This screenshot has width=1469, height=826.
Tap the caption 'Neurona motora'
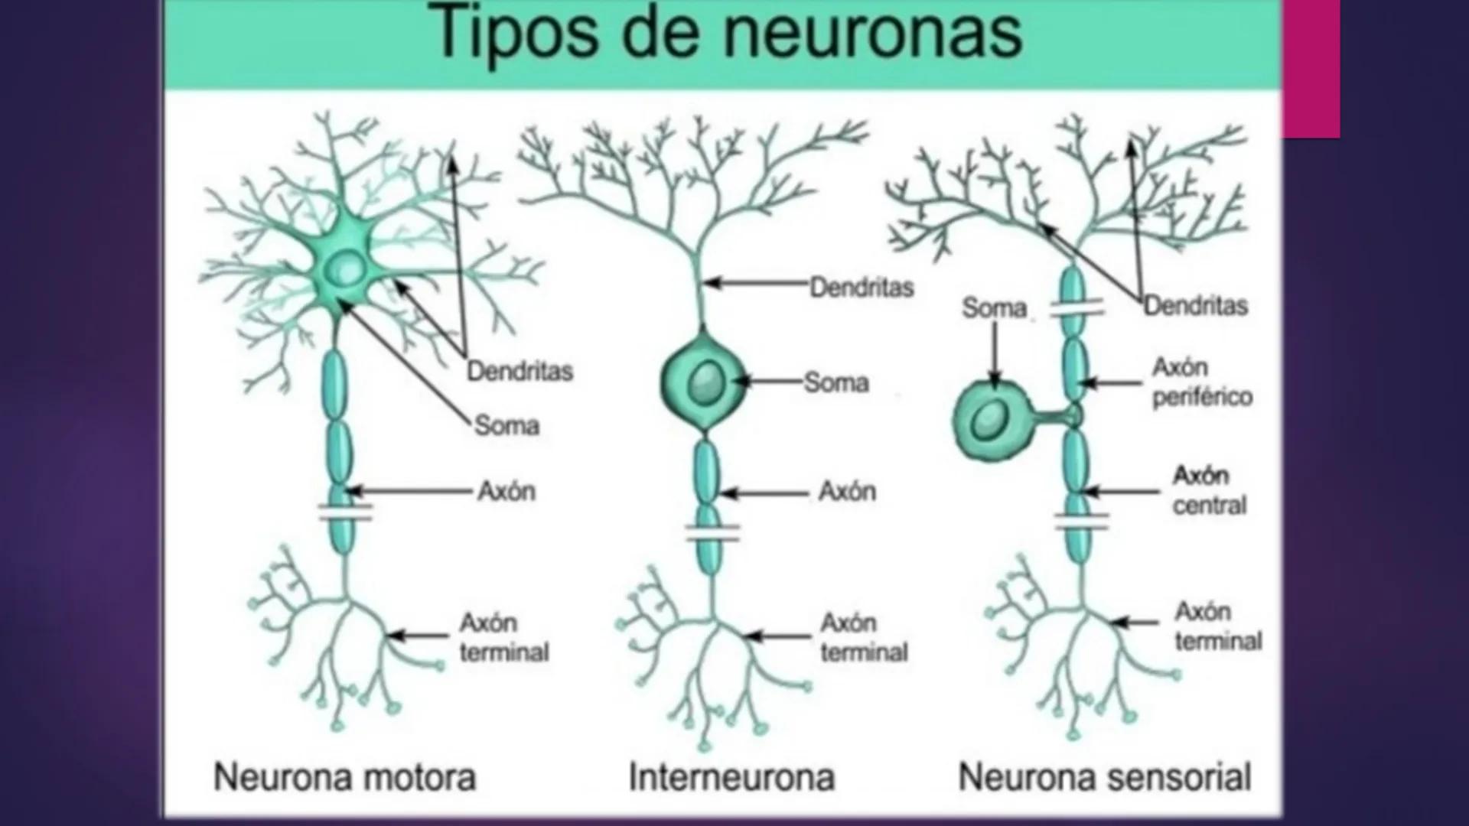coord(344,777)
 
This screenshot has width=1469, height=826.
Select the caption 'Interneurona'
coord(731,777)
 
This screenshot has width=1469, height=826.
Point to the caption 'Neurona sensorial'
coord(1104,777)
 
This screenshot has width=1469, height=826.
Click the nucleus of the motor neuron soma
coord(348,268)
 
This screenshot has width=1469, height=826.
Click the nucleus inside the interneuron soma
coord(705,383)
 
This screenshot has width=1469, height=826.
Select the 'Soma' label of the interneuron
coord(836,382)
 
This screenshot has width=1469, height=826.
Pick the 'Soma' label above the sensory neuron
coord(994,308)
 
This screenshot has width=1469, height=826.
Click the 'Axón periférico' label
coord(1202,382)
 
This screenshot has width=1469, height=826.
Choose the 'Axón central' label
coord(1210,490)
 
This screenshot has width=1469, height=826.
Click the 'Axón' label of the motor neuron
coord(506,491)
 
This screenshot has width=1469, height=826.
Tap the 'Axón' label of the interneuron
coord(847,491)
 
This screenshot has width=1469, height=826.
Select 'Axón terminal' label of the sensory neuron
coord(1218,626)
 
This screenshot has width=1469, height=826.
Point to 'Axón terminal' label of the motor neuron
coord(503,637)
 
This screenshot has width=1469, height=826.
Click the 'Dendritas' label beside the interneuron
coord(862,288)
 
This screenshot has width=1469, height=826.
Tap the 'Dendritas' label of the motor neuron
coord(520,372)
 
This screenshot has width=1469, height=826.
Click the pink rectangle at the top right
coord(1311,69)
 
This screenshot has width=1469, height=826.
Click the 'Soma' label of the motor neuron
coord(506,425)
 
